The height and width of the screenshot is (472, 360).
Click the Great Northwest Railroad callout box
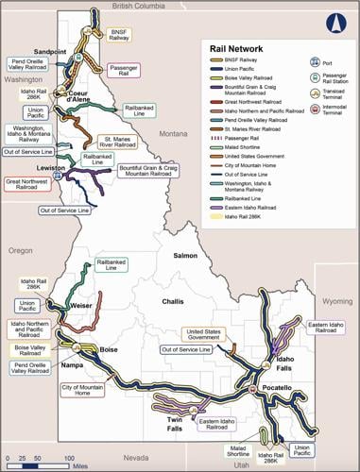click(27, 186)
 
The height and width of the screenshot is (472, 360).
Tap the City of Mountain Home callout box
click(82, 390)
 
